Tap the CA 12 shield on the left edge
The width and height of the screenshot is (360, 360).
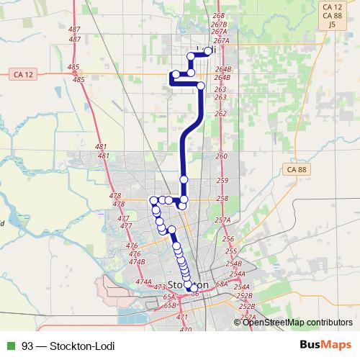(x=24, y=74)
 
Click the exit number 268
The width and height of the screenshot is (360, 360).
(x=220, y=15)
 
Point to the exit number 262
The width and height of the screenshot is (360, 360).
(x=221, y=114)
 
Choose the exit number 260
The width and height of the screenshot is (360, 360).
(x=221, y=156)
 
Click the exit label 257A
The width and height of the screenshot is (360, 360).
(x=222, y=220)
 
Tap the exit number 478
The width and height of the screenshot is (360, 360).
(x=115, y=196)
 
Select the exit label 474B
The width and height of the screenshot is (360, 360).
(x=137, y=262)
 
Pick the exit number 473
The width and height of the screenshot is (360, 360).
(x=161, y=287)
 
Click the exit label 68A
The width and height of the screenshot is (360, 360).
(x=221, y=285)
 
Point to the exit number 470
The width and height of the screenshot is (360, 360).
(x=186, y=330)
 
